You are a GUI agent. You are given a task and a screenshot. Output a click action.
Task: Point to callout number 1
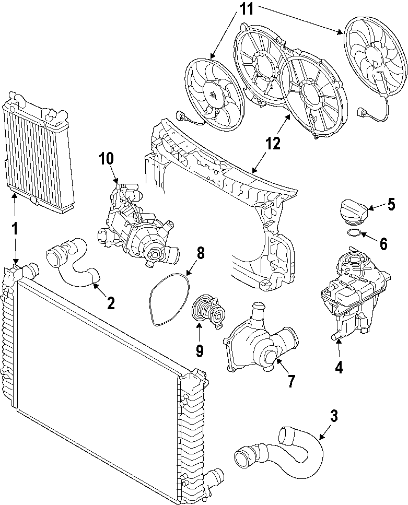[x=15, y=228]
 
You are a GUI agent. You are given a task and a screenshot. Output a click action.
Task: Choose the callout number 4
[x=339, y=367]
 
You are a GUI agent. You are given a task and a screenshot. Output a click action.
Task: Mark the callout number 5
[x=391, y=204]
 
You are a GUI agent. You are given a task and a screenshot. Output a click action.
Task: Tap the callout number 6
[x=383, y=243]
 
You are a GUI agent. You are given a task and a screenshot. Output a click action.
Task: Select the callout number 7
[x=291, y=381]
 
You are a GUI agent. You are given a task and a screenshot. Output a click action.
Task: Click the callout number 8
[x=200, y=253]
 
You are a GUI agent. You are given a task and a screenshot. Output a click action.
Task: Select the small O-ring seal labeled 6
[x=354, y=232]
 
